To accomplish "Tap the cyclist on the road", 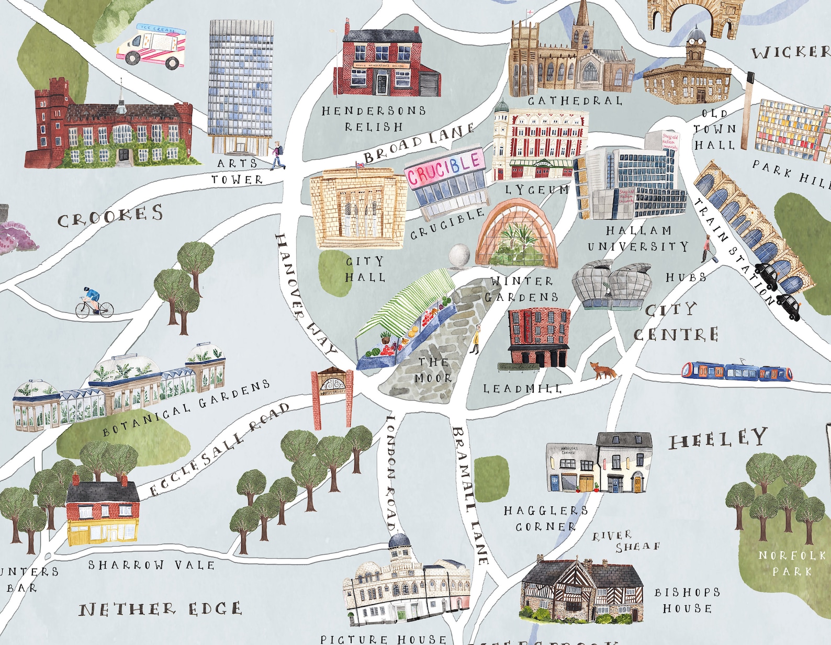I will tap(94, 303).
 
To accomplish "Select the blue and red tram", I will tap(737, 370).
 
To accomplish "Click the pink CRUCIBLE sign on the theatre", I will tap(444, 167).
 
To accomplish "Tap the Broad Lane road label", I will tap(419, 143).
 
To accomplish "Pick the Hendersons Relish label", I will tap(374, 119).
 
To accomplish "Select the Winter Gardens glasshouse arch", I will tap(516, 234).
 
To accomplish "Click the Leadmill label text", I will tap(522, 389).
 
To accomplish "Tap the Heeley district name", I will tap(718, 439).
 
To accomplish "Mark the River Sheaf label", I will tap(625, 541).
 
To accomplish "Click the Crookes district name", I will tap(110, 216).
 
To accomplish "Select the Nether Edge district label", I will tap(160, 609).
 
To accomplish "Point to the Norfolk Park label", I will tap(792, 563).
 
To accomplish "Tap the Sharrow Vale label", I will tap(151, 565).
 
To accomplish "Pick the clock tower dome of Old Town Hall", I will tap(697, 36).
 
